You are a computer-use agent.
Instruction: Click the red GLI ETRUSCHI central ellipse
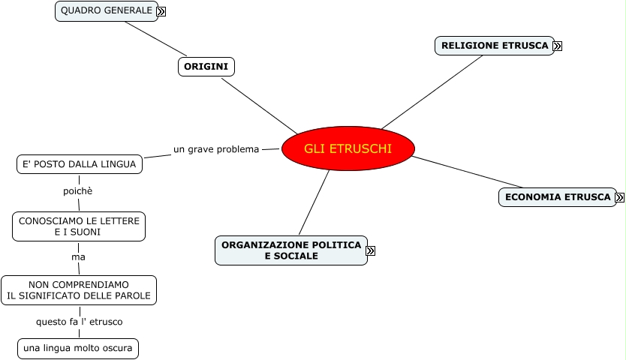tap(348, 148)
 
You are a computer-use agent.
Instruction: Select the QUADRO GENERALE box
tap(106, 11)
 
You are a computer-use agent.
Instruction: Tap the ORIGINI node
tap(206, 67)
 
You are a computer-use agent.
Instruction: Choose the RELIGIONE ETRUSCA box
tap(494, 46)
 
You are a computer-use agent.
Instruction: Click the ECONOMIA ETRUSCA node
tap(557, 197)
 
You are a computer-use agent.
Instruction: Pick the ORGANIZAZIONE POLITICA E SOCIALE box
tap(290, 250)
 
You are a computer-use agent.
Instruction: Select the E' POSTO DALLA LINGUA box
tap(80, 164)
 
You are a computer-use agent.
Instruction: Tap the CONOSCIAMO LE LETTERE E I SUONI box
tap(79, 226)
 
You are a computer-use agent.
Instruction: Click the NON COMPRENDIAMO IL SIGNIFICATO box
tap(79, 290)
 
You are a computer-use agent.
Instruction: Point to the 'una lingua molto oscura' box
tap(79, 349)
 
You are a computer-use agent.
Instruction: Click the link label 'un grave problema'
tap(215, 149)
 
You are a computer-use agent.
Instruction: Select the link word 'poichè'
tap(78, 191)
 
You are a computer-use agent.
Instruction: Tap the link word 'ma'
tap(78, 257)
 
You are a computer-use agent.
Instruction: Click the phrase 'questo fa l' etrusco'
tap(79, 322)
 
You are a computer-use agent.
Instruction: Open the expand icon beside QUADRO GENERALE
tap(161, 12)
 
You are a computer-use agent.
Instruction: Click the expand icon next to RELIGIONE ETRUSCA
tap(558, 46)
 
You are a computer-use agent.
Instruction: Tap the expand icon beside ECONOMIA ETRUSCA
tap(619, 198)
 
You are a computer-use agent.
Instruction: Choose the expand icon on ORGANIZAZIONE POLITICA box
tap(371, 251)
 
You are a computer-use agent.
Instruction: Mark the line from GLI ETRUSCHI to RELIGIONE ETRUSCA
tap(432, 92)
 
